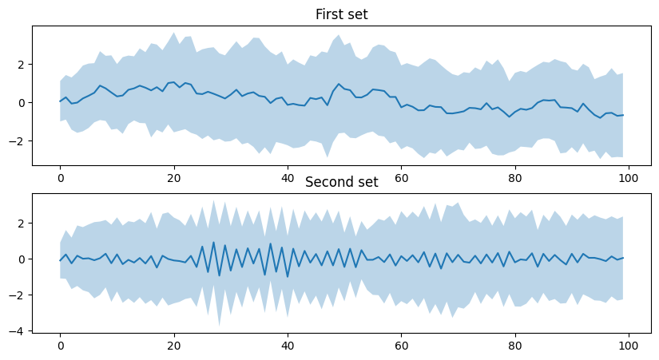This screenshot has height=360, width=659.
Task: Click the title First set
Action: coord(342,14)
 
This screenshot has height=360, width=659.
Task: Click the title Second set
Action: coord(342,182)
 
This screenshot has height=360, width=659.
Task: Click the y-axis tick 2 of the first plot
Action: coord(24,64)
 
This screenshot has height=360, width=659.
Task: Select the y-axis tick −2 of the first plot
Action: coord(21,140)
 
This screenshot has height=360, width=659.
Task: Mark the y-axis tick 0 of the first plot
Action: coord(24,102)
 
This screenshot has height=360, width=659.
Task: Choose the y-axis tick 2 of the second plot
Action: coord(24,224)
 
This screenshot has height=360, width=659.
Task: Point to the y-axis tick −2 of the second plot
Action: coord(21,295)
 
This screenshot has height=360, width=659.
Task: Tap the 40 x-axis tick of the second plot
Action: coord(288,346)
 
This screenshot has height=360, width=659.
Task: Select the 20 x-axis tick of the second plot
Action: coord(173,346)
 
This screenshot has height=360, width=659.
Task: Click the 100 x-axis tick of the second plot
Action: coord(628,346)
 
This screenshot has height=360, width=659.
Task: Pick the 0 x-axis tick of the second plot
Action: coord(60,346)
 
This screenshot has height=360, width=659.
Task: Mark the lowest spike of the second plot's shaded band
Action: coord(219,325)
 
